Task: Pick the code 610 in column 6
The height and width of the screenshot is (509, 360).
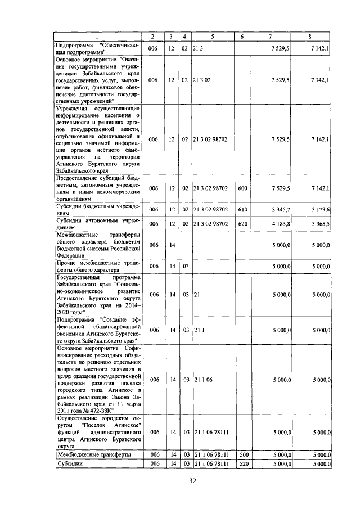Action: (x=243, y=209)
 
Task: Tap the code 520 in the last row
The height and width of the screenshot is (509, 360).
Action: (x=243, y=463)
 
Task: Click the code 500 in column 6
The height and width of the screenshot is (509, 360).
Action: (x=243, y=454)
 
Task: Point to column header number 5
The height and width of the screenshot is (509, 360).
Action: (x=213, y=37)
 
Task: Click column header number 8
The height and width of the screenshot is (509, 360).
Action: (x=310, y=37)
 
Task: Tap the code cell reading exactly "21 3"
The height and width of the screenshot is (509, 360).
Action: (x=197, y=49)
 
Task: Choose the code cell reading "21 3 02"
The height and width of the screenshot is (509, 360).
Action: (x=201, y=80)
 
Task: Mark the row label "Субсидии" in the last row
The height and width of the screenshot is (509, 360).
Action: (x=71, y=463)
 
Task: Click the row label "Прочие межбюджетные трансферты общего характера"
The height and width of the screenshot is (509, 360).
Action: (x=96, y=265)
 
